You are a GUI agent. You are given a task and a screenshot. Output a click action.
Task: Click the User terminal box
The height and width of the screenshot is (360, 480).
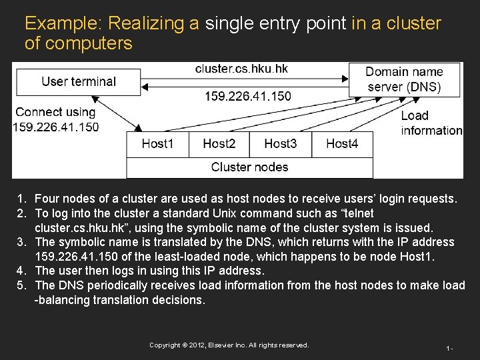(79, 81)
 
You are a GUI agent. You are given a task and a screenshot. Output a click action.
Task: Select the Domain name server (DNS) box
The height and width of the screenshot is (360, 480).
(403, 79)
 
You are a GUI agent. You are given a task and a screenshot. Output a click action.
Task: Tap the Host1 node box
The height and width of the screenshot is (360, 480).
(157, 144)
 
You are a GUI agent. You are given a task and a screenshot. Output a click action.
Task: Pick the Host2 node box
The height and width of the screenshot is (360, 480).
(219, 144)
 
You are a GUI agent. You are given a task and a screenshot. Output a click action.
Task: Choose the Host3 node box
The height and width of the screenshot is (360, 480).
(280, 144)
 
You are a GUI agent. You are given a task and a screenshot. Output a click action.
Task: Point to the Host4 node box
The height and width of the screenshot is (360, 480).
(342, 144)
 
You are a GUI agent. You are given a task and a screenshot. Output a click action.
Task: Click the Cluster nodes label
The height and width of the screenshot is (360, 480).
(249, 167)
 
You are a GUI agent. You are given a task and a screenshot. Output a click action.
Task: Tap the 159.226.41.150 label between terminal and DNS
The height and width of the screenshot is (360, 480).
(247, 96)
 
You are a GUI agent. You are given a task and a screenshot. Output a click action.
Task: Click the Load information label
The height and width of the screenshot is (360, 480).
(431, 123)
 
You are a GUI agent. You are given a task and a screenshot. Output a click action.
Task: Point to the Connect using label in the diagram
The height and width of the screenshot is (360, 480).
(55, 113)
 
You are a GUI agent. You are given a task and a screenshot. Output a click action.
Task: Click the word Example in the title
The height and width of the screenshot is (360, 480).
(62, 24)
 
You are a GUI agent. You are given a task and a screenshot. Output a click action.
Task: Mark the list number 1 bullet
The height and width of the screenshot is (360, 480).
(21, 199)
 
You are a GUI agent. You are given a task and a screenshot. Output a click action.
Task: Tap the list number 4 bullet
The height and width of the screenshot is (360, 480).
(21, 271)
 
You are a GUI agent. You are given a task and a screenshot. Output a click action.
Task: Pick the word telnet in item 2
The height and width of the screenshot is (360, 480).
(355, 213)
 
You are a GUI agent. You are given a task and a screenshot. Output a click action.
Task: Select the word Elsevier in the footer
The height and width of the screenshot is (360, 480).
(231, 345)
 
